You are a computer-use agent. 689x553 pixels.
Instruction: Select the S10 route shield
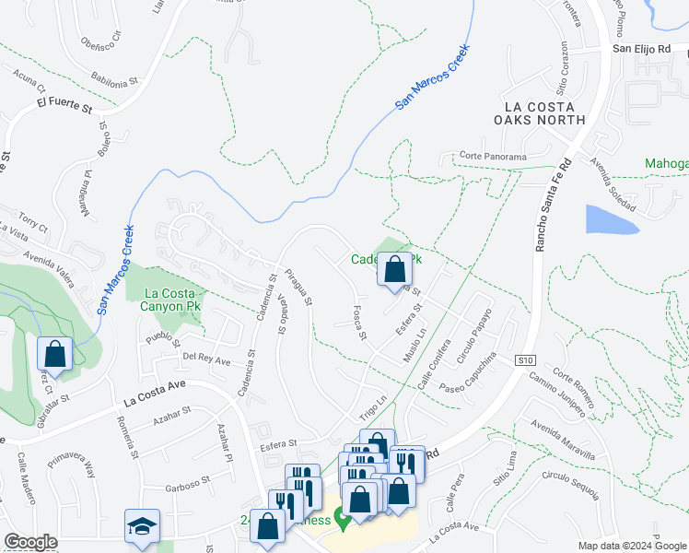pyautogui.click(x=525, y=359)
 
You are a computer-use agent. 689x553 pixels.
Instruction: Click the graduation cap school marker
pyautogui.click(x=143, y=526)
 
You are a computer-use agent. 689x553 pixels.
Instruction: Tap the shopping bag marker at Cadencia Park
pyautogui.click(x=395, y=269)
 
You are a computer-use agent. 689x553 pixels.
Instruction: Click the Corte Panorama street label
pyautogui.click(x=493, y=157)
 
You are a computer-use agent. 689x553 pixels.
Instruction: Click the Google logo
pyautogui.click(x=30, y=542)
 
